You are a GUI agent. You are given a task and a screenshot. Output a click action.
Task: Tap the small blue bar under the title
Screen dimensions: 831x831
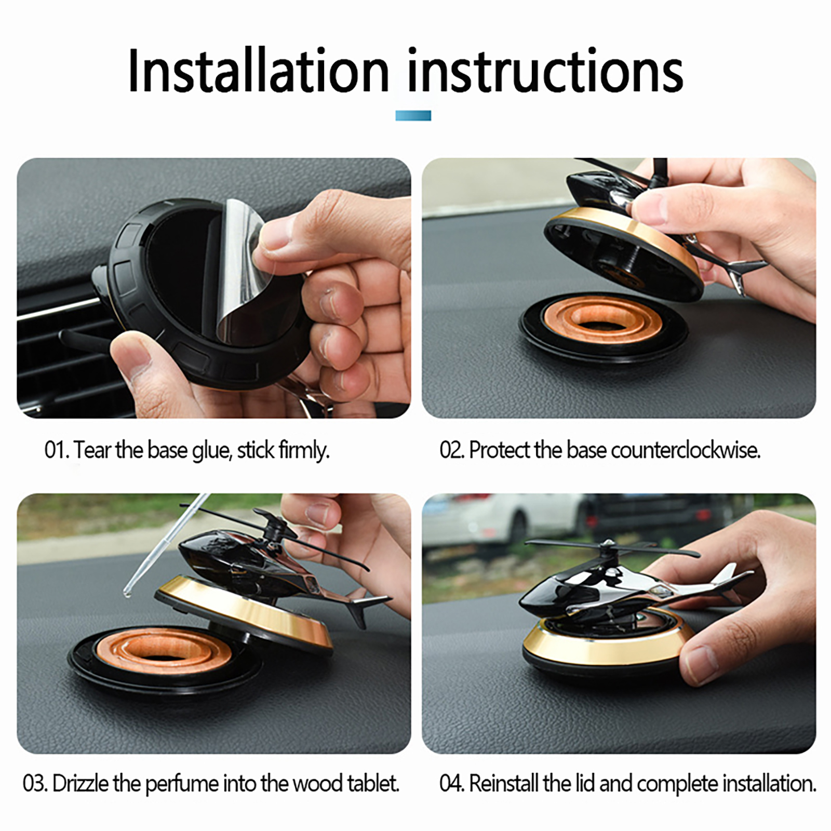click(413, 115)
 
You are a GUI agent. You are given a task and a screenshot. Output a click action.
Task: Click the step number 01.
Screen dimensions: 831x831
click(56, 450)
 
